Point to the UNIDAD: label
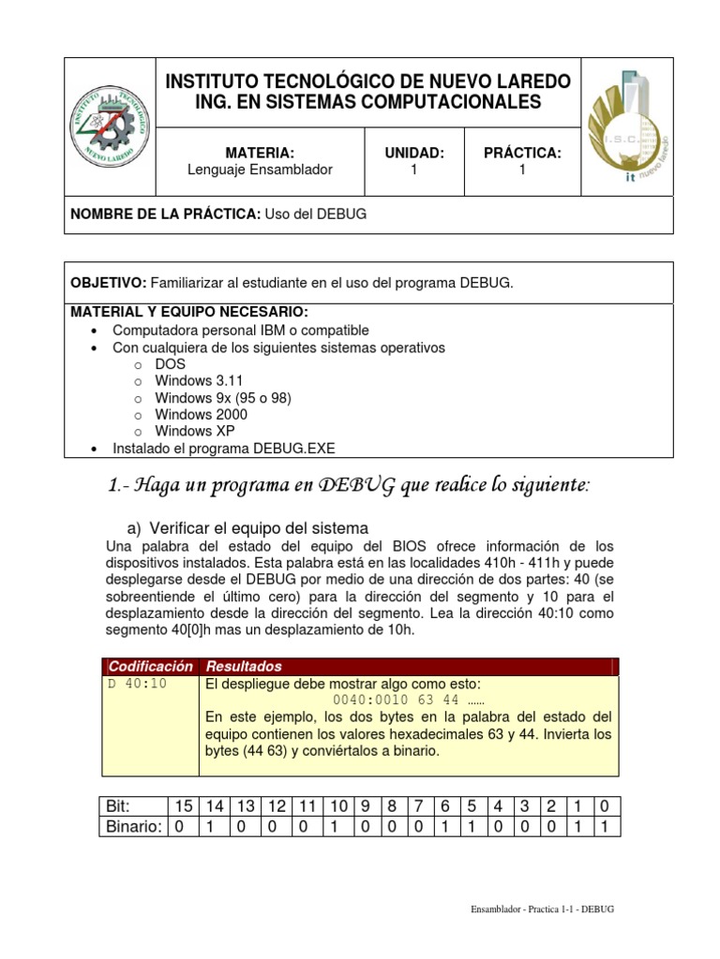pos(413,153)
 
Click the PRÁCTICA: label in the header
pos(522,153)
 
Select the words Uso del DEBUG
pos(315,214)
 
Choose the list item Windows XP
pos(195,431)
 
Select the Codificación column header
pos(150,666)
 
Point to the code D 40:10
pos(137,683)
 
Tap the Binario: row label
pos(132,826)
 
